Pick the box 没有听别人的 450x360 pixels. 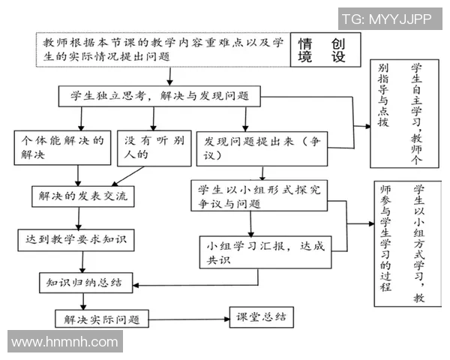(153, 148)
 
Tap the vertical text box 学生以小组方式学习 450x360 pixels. (402, 243)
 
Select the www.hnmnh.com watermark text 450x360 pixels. (64, 342)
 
